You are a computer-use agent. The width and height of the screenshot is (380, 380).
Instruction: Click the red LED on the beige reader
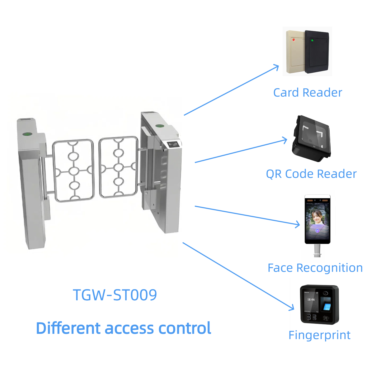point(293,40)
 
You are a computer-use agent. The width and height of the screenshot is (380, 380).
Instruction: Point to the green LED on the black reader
point(312,40)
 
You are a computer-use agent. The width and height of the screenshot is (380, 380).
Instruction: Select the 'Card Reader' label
point(307,93)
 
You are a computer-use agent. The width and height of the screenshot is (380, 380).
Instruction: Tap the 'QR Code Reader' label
point(311,174)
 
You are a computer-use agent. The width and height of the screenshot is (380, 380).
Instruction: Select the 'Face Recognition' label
point(315,268)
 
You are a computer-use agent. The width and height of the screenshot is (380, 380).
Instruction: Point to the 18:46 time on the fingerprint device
point(311,300)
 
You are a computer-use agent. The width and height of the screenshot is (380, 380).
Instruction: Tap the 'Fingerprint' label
point(319,335)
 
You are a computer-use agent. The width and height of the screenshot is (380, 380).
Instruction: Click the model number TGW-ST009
point(115,295)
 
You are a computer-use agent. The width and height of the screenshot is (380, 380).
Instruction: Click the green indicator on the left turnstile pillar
point(27,134)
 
